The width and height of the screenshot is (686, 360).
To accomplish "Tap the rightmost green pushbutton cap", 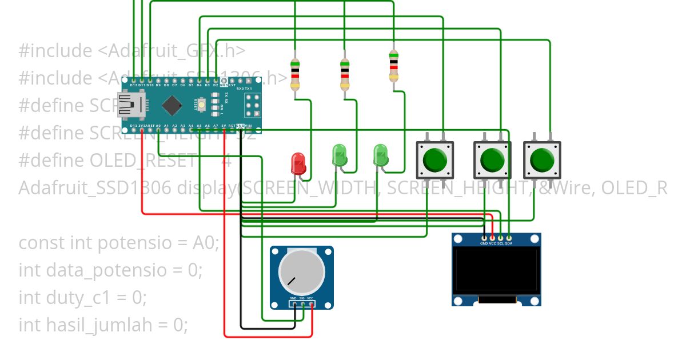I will pos(542,160).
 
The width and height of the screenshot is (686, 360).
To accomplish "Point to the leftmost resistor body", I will pos(295,74).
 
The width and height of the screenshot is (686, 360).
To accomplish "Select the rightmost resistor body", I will pos(393,67).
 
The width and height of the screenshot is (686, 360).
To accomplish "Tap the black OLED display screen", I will pos(496,270).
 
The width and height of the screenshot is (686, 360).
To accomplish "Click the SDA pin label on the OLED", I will pos(509,243).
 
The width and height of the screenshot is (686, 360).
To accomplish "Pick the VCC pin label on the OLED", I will pos(492,243).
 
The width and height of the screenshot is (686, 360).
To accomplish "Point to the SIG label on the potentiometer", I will pos(302,298).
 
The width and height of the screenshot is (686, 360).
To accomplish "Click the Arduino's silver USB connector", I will pos(130,105).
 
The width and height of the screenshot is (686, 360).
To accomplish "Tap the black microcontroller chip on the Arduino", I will pos(172,105).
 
